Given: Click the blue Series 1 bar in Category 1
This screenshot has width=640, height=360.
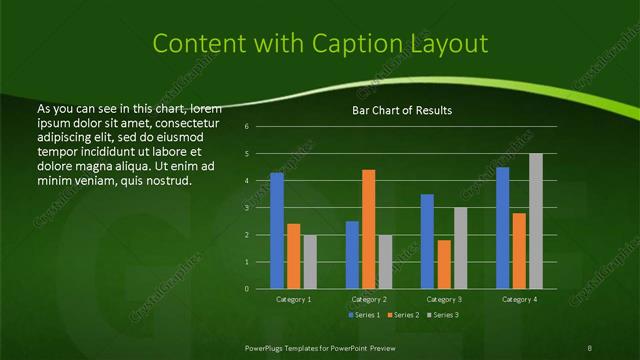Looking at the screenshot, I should pos(277,231).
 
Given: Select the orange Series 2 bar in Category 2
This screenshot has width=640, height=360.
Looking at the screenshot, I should pos(368,229).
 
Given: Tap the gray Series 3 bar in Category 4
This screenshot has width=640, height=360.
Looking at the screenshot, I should pos(535,221).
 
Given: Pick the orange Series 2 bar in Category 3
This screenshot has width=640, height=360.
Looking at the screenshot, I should pos(443,264).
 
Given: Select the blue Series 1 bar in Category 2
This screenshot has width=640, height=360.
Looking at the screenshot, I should pos(352,255).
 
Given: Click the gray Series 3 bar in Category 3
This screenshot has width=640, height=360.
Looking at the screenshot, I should pos(460,248).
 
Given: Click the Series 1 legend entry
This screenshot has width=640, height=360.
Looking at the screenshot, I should pos(365,314).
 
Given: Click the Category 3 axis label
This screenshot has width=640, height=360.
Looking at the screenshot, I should pos(443,299).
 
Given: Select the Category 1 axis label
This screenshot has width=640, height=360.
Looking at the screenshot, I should pos(293,299).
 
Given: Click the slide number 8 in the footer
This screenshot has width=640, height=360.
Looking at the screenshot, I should pos(589,347).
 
